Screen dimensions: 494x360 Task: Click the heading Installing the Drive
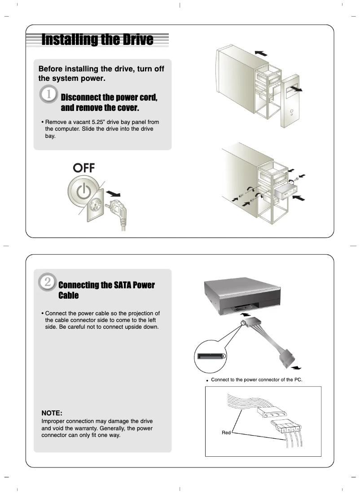[97, 40]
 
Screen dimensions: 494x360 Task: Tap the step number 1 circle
[48, 96]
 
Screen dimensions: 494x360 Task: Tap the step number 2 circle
[48, 282]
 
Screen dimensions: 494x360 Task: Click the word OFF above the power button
[84, 168]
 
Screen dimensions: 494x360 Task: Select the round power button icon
[83, 192]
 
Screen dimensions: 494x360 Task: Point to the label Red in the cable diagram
[226, 432]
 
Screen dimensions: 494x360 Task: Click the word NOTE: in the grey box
[52, 413]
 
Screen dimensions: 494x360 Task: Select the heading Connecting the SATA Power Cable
[106, 290]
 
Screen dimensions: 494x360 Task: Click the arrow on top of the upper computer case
[260, 53]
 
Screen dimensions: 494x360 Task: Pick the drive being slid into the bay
[285, 193]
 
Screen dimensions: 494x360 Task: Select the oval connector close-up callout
[211, 356]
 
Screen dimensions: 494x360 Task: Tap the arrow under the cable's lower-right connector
[295, 367]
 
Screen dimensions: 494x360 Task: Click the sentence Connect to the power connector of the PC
[256, 379]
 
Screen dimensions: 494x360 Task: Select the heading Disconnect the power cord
[109, 102]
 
